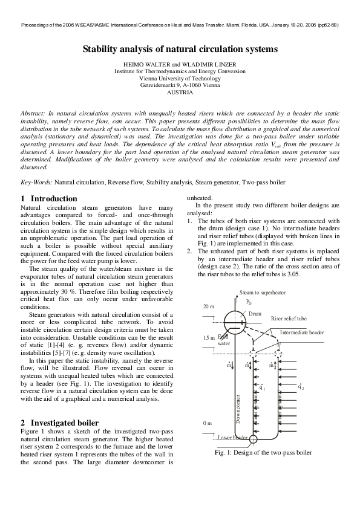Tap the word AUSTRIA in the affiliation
tap(180, 92)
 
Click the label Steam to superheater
tap(263, 293)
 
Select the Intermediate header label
tap(302, 332)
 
